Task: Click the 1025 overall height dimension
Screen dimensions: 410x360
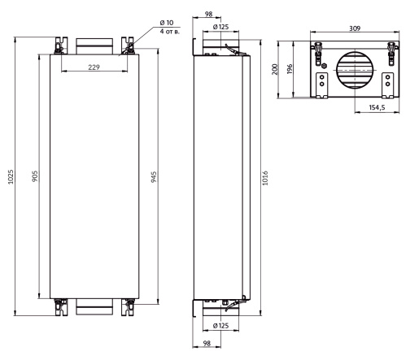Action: pos(11,177)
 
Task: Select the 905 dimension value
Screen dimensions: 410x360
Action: pos(35,176)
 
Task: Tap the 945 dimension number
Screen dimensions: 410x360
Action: pos(154,177)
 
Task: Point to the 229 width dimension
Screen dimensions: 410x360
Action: pos(94,67)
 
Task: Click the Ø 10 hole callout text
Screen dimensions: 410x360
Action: pos(167,23)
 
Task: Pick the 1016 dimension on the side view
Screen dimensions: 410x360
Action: pos(265,178)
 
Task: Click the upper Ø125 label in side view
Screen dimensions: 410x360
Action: pos(220,27)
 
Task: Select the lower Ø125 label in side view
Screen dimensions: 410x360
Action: pos(220,325)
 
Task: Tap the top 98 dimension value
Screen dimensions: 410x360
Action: pos(209,14)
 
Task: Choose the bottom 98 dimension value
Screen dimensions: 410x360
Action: pos(207,343)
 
